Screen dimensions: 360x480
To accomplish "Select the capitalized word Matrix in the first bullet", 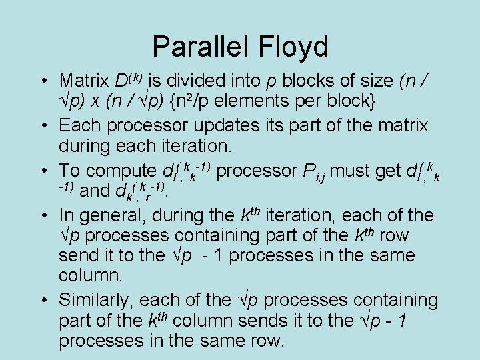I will click(83, 81).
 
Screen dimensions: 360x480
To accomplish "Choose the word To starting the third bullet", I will click(69, 170).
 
